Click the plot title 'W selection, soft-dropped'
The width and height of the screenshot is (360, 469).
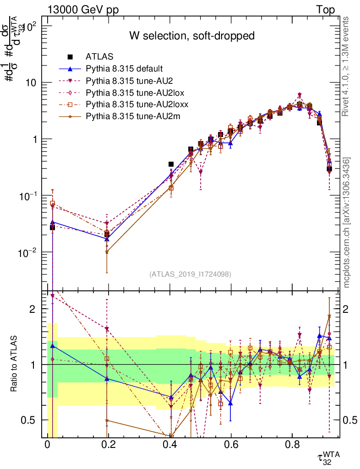(191, 36)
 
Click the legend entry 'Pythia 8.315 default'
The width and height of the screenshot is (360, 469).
(124, 69)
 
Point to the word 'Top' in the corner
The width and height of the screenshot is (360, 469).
(325, 10)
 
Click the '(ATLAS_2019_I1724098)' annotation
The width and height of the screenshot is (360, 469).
(190, 274)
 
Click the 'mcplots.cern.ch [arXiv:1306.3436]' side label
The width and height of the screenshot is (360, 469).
(347, 222)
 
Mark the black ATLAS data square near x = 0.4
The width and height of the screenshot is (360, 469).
(171, 164)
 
